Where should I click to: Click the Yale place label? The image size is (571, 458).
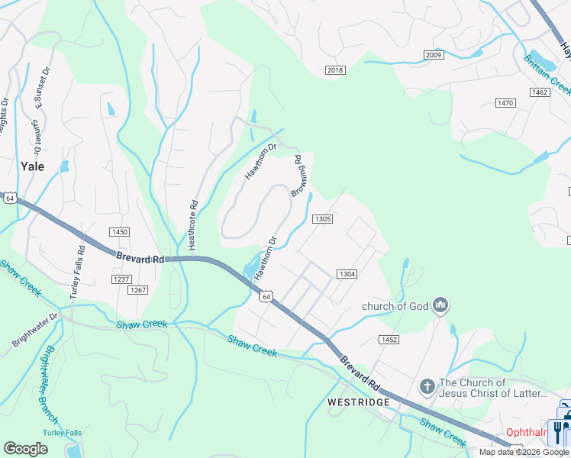(32, 166)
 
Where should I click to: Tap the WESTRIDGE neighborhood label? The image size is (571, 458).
(358, 402)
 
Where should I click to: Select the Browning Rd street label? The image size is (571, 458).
(300, 176)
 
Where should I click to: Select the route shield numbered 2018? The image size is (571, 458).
(335, 70)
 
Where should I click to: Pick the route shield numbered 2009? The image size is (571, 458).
(434, 55)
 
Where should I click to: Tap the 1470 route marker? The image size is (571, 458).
(505, 103)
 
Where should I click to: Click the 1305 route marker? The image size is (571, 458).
(322, 219)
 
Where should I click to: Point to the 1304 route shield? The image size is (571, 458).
(347, 274)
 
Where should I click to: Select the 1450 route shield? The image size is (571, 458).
(119, 232)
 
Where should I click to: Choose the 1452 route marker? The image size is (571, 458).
(389, 339)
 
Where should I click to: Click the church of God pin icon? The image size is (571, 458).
(440, 306)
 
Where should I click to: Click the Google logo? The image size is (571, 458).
(26, 449)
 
